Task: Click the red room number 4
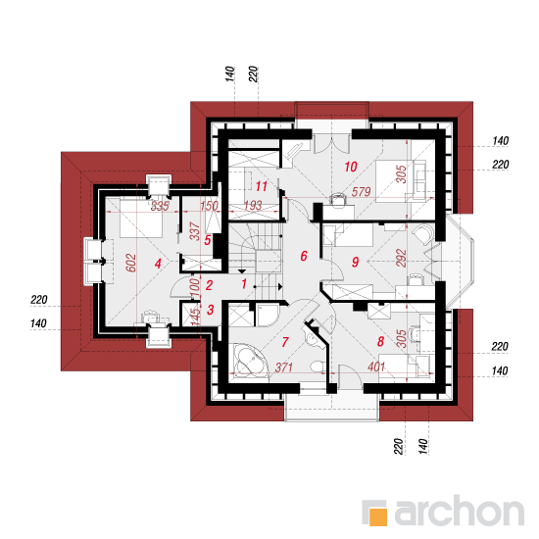click(158, 264)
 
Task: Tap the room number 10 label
click(351, 167)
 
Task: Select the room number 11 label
click(262, 186)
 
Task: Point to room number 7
click(285, 342)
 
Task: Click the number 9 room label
click(356, 262)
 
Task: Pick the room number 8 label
click(380, 341)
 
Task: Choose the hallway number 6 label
click(304, 256)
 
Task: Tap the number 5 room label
click(208, 240)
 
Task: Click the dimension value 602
click(131, 263)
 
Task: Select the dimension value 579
click(361, 191)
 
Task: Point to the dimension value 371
click(284, 367)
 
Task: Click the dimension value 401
click(376, 367)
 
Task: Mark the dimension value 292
click(401, 258)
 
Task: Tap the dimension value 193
click(253, 206)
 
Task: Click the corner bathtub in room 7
click(251, 361)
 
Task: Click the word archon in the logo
click(460, 511)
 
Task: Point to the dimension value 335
click(160, 206)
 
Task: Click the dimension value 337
click(195, 231)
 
